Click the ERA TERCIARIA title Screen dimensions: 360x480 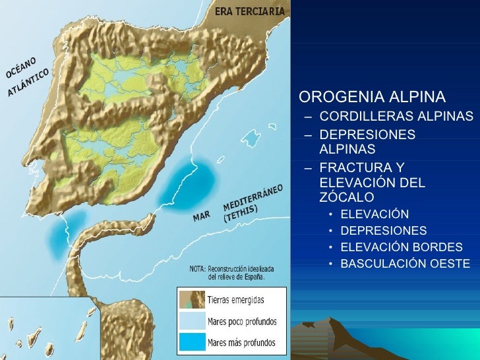pyautogui.click(x=250, y=11)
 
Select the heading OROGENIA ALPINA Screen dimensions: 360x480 pyautogui.click(x=372, y=98)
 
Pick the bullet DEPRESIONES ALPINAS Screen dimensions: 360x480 pyautogui.click(x=367, y=141)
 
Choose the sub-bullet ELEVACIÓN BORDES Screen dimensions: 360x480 pyautogui.click(x=402, y=247)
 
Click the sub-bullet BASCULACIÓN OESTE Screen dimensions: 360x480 pyautogui.click(x=405, y=264)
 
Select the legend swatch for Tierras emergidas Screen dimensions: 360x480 pyautogui.click(x=191, y=300)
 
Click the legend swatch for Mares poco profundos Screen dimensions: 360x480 pyautogui.click(x=191, y=322)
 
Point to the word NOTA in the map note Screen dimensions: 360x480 pyautogui.click(x=197, y=269)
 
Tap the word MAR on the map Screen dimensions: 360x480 pyautogui.click(x=200, y=217)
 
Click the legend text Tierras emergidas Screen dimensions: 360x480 pyautogui.click(x=235, y=300)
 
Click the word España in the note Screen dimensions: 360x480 pyautogui.click(x=250, y=277)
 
